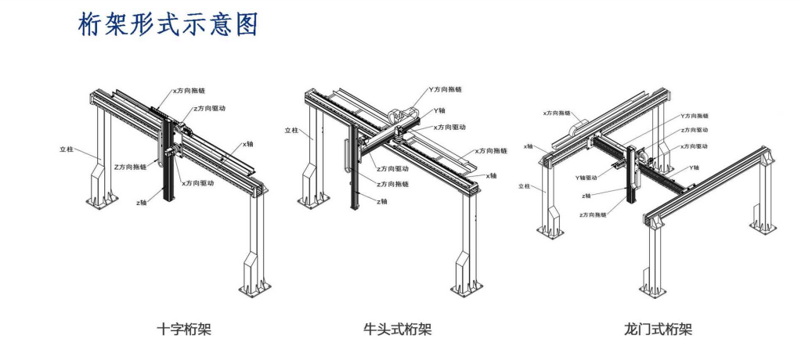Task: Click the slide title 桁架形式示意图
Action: click(x=168, y=25)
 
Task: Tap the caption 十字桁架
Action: click(x=184, y=329)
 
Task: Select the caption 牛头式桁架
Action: click(x=398, y=329)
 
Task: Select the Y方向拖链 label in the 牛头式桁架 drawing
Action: click(x=447, y=91)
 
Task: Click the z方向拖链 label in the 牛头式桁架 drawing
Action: click(x=393, y=184)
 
